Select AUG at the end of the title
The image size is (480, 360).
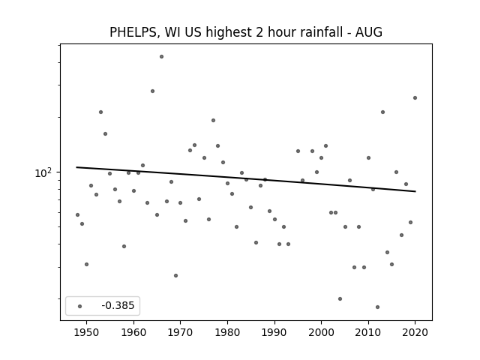368,31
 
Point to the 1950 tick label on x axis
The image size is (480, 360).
87,332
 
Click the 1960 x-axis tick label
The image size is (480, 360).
133,332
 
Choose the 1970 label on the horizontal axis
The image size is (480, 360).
180,332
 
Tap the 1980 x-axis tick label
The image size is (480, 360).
227,332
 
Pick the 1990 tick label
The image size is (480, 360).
274,332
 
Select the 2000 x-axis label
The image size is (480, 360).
321,332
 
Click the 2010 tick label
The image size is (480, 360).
368,332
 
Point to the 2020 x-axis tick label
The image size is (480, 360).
415,332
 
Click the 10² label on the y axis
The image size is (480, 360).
43,173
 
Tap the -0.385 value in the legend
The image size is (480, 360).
118,305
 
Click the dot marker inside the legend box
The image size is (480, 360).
80,306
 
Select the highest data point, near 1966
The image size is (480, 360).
162,57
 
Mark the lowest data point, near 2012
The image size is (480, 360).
377,307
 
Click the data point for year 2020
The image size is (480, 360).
415,98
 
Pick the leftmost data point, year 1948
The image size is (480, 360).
77,215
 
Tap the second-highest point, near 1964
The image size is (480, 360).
152,91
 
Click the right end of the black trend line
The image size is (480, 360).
415,191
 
